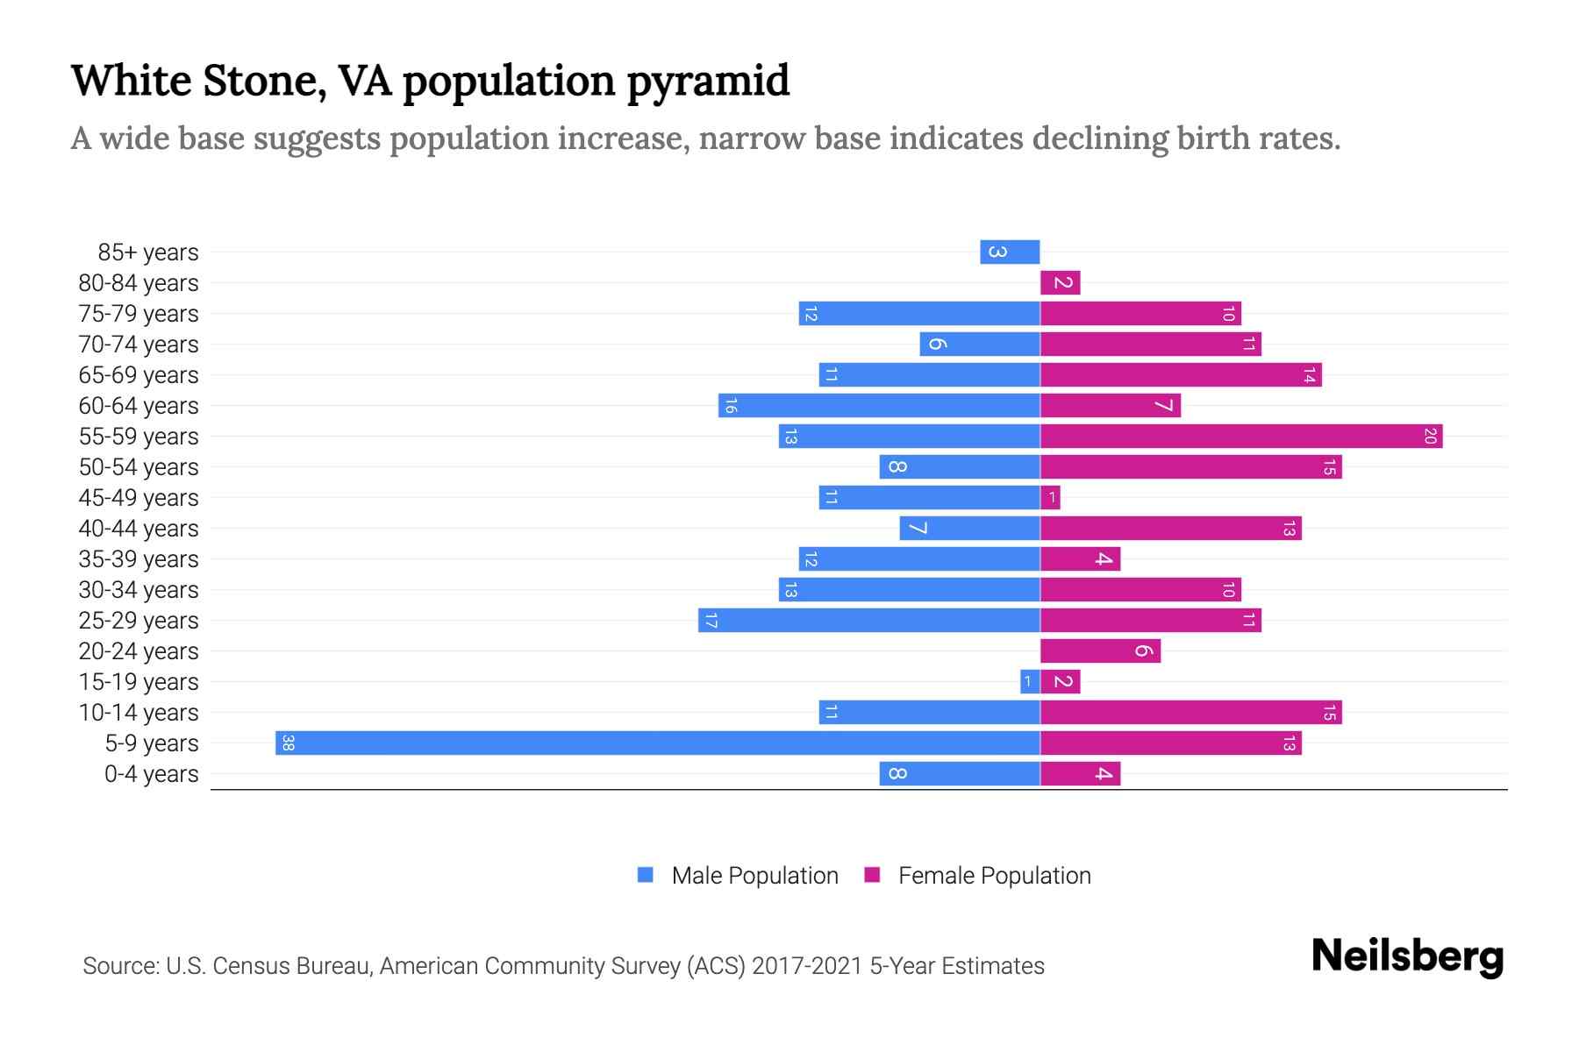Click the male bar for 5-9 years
[658, 743]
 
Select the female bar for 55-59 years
[1241, 437]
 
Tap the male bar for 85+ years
[1010, 252]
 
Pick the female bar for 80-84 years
[1061, 283]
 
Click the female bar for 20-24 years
[1100, 651]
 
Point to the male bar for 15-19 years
[1030, 682]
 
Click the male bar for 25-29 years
[869, 621]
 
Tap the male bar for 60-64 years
[879, 406]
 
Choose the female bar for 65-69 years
[1181, 375]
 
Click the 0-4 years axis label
[151, 774]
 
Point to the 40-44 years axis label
[139, 529]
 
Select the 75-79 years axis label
[139, 314]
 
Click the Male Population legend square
[646, 875]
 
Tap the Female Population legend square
[872, 875]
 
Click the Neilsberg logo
[1407, 956]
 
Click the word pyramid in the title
[708, 81]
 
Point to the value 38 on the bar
[288, 743]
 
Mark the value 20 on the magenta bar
[1430, 437]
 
